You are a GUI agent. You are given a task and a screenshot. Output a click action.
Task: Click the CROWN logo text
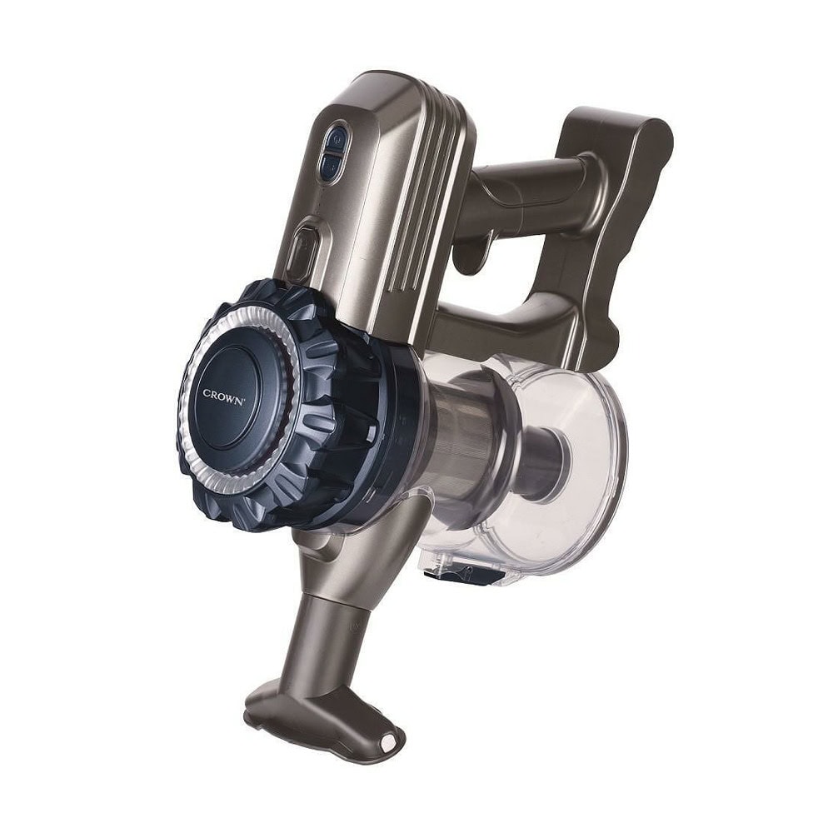point(223,397)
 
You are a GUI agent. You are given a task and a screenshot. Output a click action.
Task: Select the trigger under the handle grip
point(475,250)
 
